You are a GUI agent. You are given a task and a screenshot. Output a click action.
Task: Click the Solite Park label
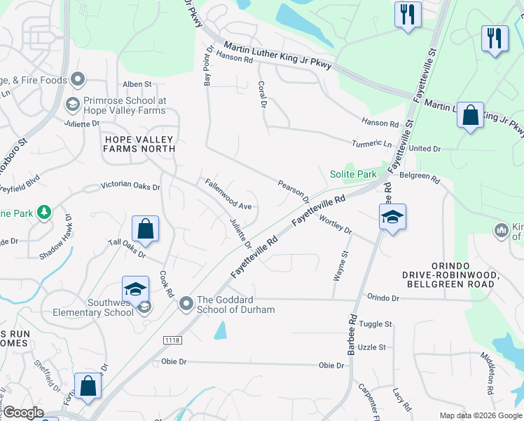353,174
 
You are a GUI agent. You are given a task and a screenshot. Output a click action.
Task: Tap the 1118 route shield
173,340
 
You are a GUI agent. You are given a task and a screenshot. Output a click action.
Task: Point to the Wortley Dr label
335,225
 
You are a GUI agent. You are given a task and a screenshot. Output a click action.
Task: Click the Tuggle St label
376,324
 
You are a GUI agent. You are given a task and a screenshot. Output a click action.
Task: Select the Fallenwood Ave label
228,194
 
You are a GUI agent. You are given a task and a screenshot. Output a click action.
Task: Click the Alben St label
132,84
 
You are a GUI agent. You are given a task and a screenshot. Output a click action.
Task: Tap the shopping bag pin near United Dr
471,115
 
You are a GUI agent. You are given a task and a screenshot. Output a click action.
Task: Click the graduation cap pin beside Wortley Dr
392,217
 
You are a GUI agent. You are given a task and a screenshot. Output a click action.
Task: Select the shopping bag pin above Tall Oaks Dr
145,229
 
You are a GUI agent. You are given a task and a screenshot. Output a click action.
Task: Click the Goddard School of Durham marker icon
186,304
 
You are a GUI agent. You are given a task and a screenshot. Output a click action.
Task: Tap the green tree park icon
44,212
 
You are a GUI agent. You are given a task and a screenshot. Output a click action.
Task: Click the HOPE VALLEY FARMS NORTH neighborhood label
139,144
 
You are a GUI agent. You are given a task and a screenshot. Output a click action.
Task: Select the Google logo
23,413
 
